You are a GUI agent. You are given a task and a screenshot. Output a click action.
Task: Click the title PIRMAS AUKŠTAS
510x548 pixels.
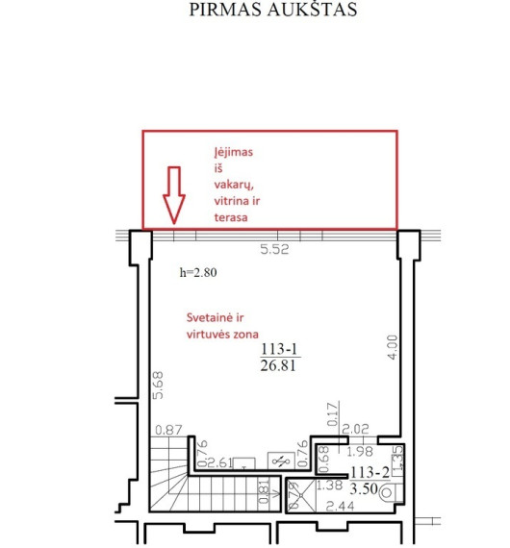click(x=273, y=10)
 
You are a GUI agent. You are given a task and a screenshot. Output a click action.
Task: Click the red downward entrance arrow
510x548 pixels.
click(x=174, y=195)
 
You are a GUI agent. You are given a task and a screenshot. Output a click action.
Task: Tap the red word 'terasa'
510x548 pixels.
click(x=231, y=217)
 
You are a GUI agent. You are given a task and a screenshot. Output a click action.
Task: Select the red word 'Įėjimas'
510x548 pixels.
click(x=233, y=152)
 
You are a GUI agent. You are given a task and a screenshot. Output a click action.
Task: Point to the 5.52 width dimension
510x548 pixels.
click(x=274, y=249)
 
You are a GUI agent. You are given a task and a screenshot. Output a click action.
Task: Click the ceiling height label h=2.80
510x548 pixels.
click(x=198, y=272)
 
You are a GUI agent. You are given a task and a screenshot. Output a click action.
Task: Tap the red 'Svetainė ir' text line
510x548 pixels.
click(x=215, y=317)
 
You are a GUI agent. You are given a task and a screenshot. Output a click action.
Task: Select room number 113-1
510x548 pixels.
click(x=279, y=349)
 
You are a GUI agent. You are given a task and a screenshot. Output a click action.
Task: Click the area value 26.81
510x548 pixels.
click(x=278, y=365)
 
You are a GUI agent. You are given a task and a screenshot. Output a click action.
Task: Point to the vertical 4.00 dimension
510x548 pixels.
click(x=393, y=347)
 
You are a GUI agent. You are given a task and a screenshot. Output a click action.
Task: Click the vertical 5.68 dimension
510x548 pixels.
click(x=158, y=386)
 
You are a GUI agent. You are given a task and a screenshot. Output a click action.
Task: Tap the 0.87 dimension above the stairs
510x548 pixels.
click(x=168, y=430)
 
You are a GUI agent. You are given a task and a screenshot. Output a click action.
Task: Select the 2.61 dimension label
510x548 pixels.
click(x=220, y=462)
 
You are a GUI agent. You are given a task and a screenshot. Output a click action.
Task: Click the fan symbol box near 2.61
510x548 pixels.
click(x=281, y=461)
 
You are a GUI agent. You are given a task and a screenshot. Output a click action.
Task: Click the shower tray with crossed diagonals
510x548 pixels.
click(x=301, y=495)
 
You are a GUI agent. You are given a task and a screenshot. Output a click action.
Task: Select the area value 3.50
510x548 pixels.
click(x=364, y=488)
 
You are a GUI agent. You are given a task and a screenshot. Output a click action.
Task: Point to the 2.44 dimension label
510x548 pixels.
click(x=340, y=506)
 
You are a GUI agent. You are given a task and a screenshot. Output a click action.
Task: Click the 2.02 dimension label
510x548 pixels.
click(x=355, y=429)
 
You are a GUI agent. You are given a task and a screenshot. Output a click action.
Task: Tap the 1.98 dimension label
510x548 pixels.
click(x=360, y=452)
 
